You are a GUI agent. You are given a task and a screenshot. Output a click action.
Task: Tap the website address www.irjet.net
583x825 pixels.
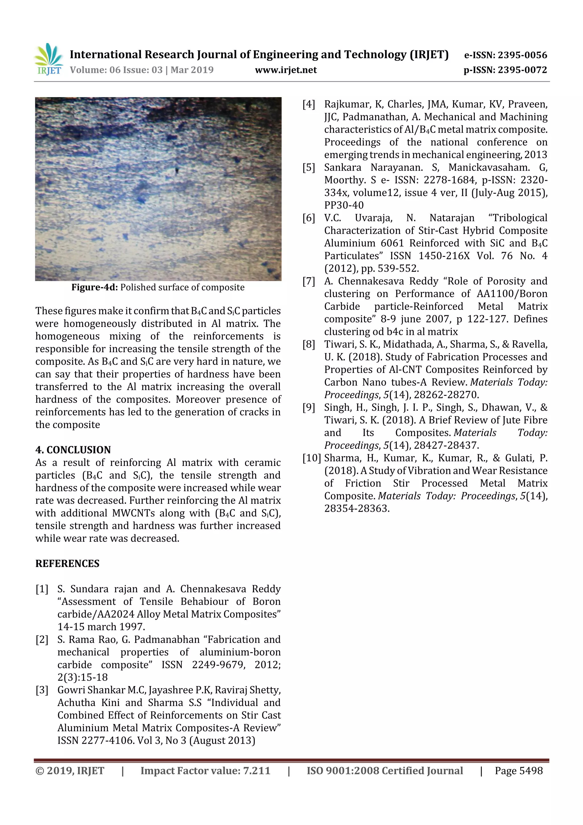pyautogui.click(x=286, y=70)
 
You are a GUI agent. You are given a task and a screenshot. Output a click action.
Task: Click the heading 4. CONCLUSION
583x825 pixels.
pyautogui.click(x=73, y=450)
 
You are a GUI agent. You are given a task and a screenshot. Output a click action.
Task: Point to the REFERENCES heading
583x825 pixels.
pyautogui.click(x=67, y=563)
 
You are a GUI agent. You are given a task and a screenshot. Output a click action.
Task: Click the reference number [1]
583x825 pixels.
pyautogui.click(x=42, y=589)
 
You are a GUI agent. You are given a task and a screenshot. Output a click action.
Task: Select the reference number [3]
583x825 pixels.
pyautogui.click(x=42, y=690)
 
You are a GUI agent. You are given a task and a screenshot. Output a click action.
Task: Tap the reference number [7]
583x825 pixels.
pyautogui.click(x=309, y=281)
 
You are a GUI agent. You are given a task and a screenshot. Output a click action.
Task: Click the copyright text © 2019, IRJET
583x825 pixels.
pyautogui.click(x=70, y=770)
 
